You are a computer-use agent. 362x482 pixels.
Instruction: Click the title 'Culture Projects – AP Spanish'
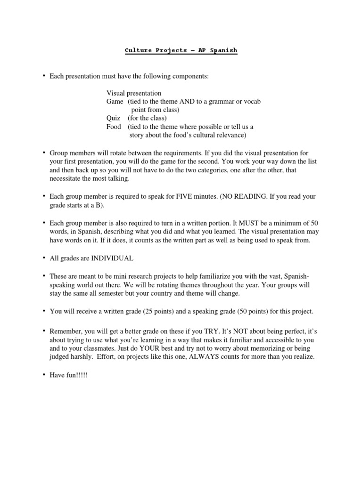[x=181, y=50]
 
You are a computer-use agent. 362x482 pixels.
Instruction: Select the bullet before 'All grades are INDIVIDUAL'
[x=43, y=257]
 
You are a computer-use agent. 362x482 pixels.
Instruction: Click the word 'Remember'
[x=65, y=331]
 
